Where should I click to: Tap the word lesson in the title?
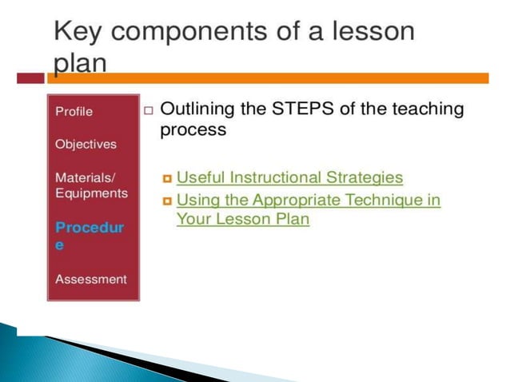coord(366,32)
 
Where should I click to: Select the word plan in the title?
coord(80,63)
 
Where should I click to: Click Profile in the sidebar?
coord(74,111)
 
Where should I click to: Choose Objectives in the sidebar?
coord(86,145)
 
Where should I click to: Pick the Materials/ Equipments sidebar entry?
coord(91,185)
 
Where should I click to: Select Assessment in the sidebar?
coord(90,280)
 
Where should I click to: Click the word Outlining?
coord(200,109)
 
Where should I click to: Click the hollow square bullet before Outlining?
coord(149,110)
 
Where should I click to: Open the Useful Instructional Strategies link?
coord(289,177)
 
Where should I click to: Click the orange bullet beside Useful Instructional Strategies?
coord(166,178)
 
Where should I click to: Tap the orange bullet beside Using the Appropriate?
coord(166,201)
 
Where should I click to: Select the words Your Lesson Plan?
coord(242,219)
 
